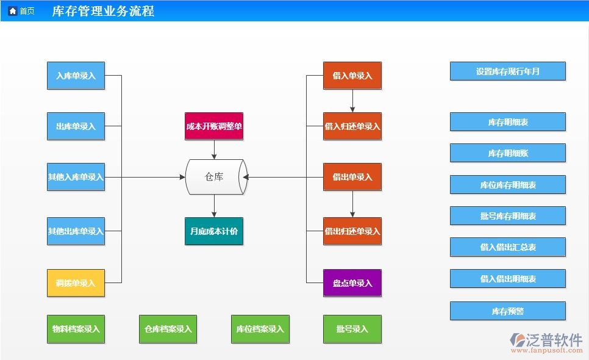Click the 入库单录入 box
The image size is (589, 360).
[76, 76]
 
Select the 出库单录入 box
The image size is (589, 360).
[76, 126]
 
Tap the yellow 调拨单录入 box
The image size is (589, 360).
[76, 283]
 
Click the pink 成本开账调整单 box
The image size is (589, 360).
[214, 126]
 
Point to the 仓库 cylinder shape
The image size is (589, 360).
[214, 177]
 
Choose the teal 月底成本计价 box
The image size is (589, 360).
[214, 231]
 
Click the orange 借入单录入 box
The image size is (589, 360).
[352, 76]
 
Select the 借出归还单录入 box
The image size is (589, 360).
[352, 231]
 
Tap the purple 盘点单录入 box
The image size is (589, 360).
[352, 283]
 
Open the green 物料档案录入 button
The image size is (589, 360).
[76, 329]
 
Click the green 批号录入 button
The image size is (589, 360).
[352, 329]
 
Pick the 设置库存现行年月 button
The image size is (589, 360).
[507, 71]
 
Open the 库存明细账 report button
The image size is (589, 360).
[507, 153]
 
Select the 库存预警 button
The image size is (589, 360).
[507, 311]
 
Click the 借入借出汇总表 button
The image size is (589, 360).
[507, 247]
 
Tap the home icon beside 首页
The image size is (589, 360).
[12, 11]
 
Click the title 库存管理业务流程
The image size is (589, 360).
[103, 11]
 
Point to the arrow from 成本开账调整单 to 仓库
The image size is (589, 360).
[214, 149]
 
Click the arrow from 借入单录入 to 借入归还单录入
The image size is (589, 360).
[352, 101]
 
